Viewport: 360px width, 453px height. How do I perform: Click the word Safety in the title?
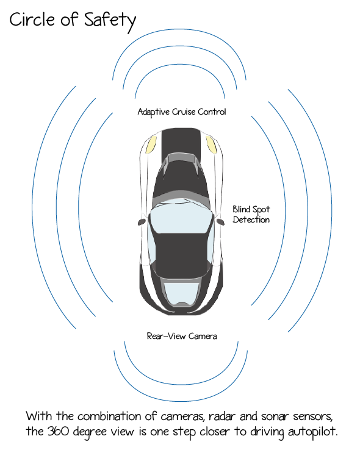110,21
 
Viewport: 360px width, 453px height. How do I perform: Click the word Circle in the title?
32,20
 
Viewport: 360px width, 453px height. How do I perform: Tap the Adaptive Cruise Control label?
182,112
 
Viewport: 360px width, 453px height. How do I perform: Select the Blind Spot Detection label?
251,215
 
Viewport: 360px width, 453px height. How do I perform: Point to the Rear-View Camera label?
182,336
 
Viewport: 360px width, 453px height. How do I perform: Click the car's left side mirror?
142,222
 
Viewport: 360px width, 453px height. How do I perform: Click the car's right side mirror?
220,221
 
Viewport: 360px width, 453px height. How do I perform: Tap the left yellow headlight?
151,144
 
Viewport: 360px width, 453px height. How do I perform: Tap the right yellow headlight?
211,144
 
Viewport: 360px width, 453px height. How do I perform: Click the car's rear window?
181,294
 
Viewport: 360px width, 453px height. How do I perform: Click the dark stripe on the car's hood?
181,141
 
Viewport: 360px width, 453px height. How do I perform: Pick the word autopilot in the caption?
312,432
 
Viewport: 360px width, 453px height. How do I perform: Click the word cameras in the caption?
183,416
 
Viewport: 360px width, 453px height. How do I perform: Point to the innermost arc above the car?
180,65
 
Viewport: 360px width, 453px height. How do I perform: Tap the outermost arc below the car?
181,401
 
